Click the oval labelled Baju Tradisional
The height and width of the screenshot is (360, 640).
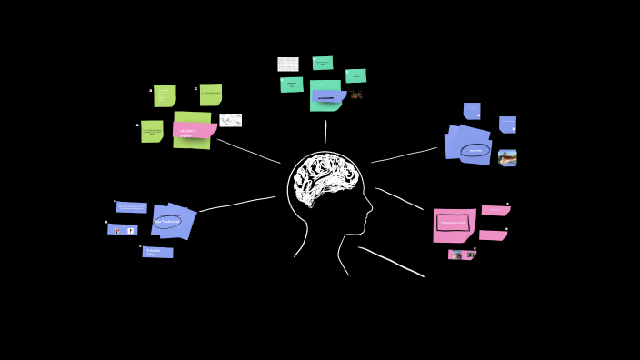pos(167,221)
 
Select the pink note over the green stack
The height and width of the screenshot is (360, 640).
pos(194,131)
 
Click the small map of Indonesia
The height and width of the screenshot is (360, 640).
pos(231,120)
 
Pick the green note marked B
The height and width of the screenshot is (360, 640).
pos(165,95)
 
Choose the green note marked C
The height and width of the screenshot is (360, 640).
pos(211,95)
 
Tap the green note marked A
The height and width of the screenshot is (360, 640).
pos(152,132)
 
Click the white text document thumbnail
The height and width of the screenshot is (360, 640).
pos(287,65)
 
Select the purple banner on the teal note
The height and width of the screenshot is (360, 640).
pos(328,95)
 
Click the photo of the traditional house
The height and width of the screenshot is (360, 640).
pos(507,157)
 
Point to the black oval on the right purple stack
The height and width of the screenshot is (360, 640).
pos(475,150)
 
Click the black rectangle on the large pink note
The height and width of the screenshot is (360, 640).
pos(454,222)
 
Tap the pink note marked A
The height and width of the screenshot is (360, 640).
pos(495,210)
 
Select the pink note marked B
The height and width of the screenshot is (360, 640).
pos(493,235)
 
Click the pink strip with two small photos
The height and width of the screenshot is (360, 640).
pos(462,255)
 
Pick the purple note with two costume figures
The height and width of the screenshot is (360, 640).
pos(122,230)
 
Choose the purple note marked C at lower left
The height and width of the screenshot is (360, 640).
pos(157,252)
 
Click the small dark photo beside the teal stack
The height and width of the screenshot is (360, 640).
pos(356,95)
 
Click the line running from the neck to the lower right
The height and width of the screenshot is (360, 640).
pos(391,260)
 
